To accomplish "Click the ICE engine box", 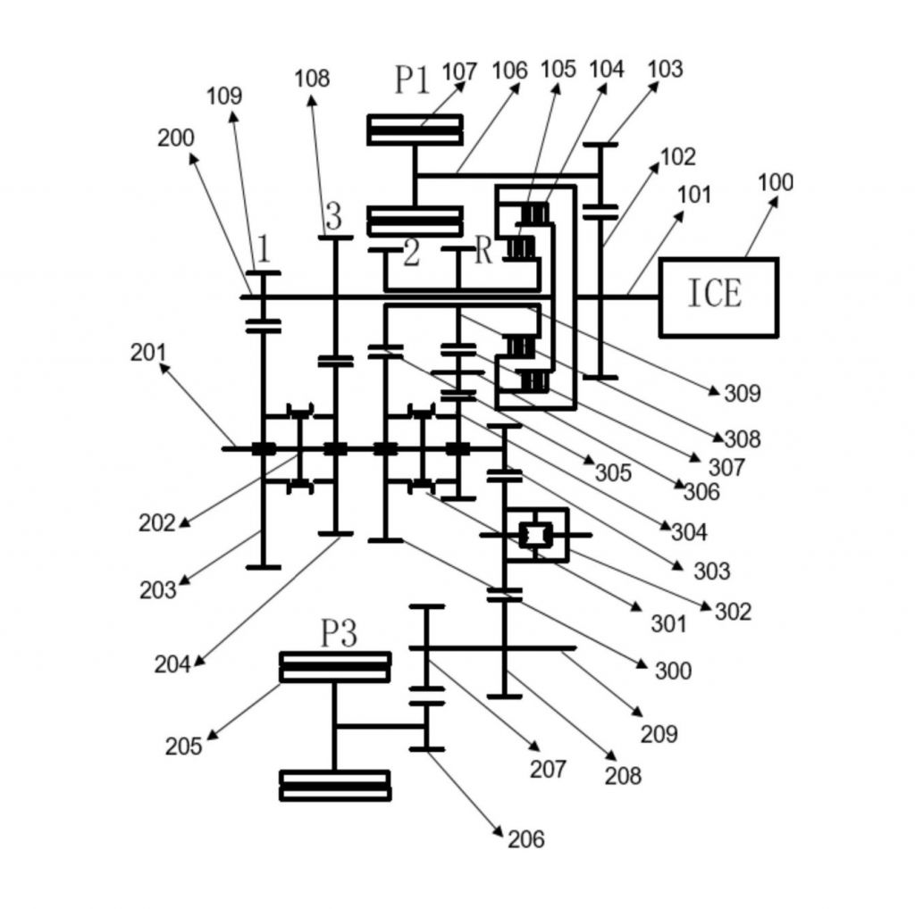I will [x=718, y=296].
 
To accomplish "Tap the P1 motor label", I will [x=413, y=81].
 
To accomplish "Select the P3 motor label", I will [x=339, y=634].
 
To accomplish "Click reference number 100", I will [x=775, y=182].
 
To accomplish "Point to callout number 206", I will [x=525, y=838].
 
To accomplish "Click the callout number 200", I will [x=176, y=138].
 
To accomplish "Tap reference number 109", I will [x=224, y=96].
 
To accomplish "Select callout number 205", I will [x=183, y=746].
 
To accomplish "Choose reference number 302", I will [x=733, y=612].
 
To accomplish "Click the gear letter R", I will [x=483, y=251].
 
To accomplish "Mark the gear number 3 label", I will [x=333, y=216].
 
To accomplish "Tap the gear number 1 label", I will [x=263, y=247].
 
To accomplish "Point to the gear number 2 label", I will [x=411, y=254].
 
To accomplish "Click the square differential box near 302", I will [x=536, y=535].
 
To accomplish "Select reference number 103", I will [x=665, y=69].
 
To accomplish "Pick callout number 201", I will [x=148, y=353].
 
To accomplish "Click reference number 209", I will [x=659, y=734].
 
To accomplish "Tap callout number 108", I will [x=312, y=79].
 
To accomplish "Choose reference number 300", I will [x=673, y=670].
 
